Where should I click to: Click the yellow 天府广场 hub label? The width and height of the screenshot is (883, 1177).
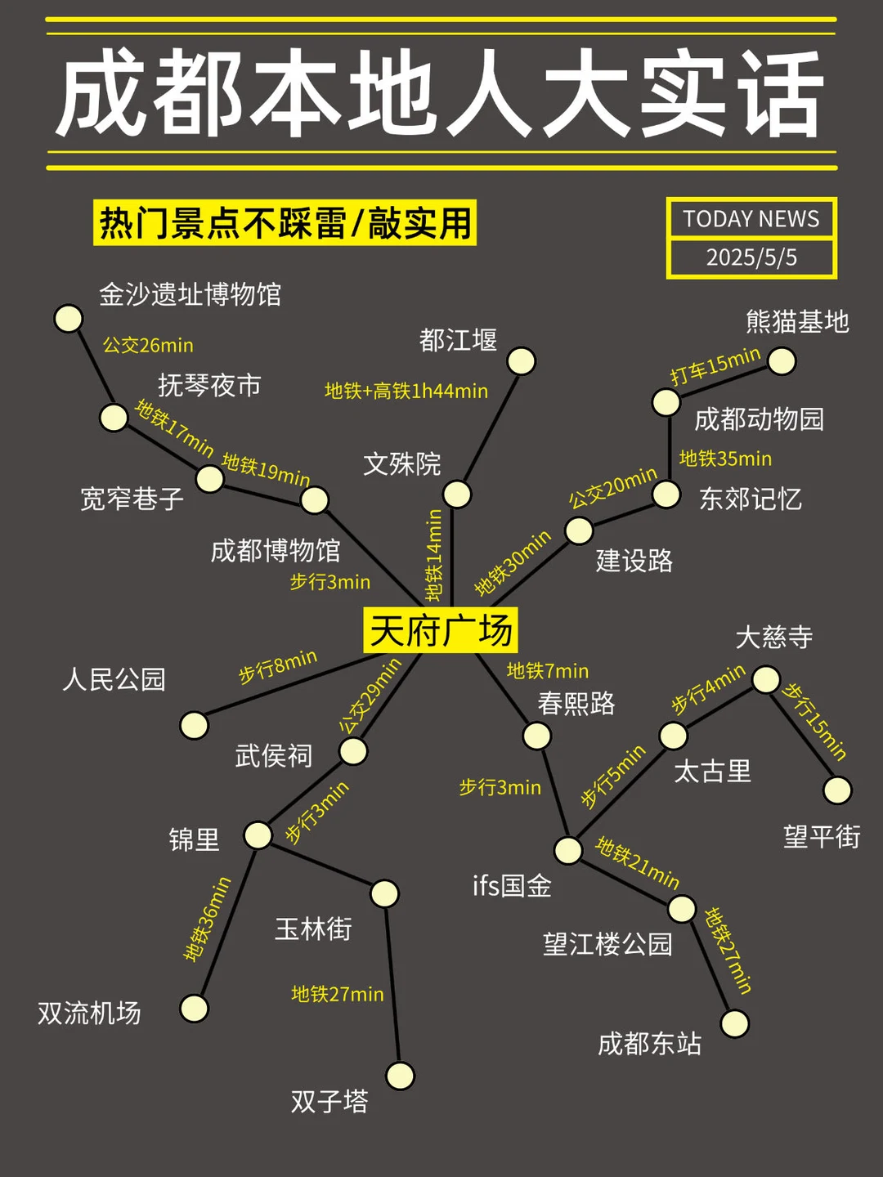coord(441,630)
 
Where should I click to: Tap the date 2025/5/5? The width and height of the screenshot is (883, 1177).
coord(751,257)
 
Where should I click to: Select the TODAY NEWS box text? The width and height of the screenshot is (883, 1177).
coord(751,219)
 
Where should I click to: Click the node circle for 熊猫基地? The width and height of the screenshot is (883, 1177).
coord(782,360)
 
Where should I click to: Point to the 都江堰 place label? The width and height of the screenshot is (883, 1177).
coord(458,340)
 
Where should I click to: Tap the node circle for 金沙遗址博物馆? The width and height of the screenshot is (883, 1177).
coord(69,318)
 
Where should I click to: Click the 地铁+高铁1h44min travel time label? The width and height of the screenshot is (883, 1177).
coord(406,392)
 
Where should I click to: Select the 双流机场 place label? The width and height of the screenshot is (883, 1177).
coord(89,1014)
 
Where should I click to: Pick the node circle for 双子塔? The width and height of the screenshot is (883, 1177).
coord(400,1076)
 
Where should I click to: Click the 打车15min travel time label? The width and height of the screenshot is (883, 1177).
coord(715,365)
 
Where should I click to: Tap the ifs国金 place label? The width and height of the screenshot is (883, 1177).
coord(512,886)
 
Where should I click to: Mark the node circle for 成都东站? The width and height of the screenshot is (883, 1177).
coord(734,1023)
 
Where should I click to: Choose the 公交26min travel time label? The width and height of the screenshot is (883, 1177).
coord(148,346)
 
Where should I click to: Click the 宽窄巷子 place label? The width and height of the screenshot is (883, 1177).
coord(132,499)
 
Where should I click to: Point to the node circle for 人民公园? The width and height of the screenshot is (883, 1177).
coord(194,725)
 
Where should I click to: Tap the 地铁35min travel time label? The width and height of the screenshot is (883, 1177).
coord(725,459)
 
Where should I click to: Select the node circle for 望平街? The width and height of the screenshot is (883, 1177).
coord(837,790)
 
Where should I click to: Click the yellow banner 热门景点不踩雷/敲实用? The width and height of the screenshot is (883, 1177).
coord(285,223)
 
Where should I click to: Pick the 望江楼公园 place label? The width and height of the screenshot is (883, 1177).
coord(607,945)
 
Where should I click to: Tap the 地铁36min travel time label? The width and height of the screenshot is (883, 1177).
coord(208,919)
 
